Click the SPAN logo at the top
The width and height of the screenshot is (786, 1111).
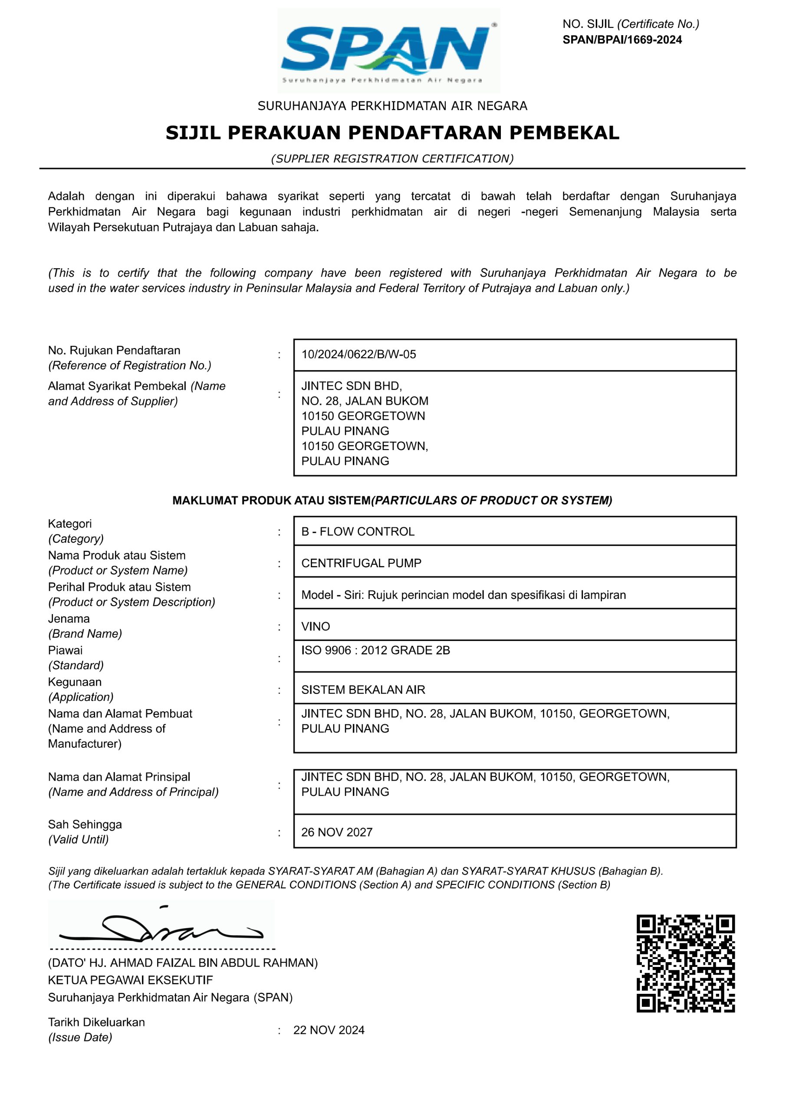coord(388,51)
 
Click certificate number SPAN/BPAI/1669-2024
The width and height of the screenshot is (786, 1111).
coord(622,39)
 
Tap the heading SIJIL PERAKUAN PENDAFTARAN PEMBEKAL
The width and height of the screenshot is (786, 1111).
coord(392,133)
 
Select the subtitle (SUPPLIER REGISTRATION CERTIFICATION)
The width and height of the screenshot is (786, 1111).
coord(392,159)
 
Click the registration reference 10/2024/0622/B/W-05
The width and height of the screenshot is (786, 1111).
coord(358,354)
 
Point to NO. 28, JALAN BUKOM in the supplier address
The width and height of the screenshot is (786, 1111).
coord(365,401)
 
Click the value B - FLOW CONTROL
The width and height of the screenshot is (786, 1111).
coord(358,531)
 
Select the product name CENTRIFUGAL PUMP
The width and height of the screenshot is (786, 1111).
coord(361,563)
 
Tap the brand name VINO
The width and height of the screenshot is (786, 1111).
coord(316,626)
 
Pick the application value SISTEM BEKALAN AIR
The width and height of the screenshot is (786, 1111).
coord(363,690)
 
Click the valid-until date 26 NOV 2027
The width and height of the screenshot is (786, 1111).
coord(336,832)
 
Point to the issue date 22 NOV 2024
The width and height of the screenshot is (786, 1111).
coord(329,1030)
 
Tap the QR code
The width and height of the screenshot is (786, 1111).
coord(685,963)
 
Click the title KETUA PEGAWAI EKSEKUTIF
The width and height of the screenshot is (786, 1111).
coord(130,980)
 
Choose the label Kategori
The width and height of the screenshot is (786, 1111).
coord(70,523)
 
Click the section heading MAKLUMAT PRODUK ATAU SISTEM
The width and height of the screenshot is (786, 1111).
coord(271,500)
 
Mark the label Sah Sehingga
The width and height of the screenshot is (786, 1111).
coord(85,824)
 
